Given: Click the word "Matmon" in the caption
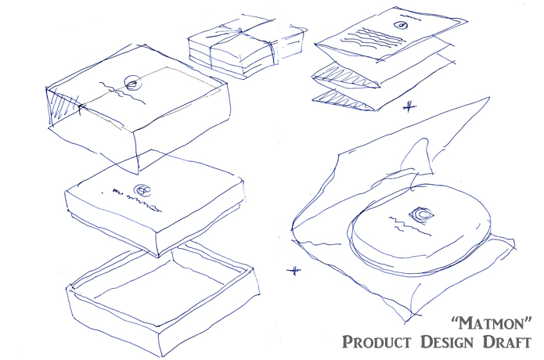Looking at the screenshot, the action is coord(492,323).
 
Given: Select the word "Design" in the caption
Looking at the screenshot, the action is coord(447,342).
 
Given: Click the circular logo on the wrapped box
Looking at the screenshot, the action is coord(133,83).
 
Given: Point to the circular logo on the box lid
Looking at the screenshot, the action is coord(142,189).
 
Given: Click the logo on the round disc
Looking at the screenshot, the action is coord(421,214).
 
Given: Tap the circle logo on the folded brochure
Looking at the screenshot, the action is coord(401,25).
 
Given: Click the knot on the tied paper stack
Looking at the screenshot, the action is coord(239,31).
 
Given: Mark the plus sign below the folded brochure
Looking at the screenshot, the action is coord(409,106).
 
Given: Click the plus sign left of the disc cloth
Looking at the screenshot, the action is coord(294,270).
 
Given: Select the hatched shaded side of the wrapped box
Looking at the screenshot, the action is coord(64,105).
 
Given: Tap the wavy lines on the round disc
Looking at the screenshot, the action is coord(409,225).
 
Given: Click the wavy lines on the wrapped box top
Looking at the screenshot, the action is coord(121,92).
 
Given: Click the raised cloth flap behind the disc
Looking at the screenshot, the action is coord(417,157).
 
